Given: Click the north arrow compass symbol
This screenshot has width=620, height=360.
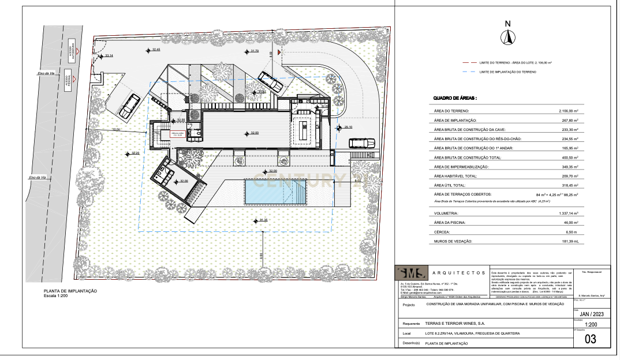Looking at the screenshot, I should [x=507, y=37].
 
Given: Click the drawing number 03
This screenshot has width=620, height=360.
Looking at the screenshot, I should [x=590, y=339].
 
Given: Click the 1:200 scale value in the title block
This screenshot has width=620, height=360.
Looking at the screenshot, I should [x=591, y=325].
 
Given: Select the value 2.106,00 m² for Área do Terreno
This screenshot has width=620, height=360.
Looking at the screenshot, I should [x=569, y=111].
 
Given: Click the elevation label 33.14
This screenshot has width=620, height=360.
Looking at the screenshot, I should [x=109, y=55].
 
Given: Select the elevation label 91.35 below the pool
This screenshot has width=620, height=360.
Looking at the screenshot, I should [x=264, y=220].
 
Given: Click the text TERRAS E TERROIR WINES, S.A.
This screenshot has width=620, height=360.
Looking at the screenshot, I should [x=452, y=324].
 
